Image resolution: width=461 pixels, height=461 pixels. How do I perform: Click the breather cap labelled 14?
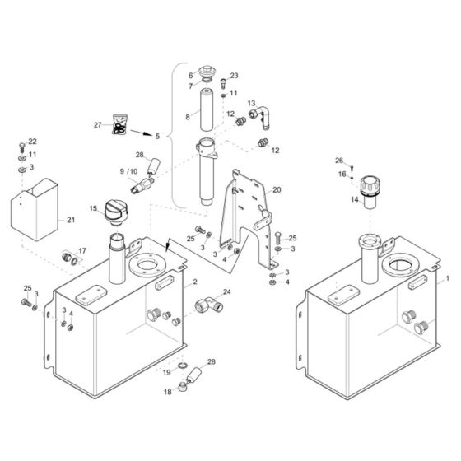pyautogui.click(x=370, y=197)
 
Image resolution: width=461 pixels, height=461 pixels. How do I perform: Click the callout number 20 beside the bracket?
pyautogui.click(x=277, y=189)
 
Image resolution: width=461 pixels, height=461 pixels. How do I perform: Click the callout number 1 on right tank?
pyautogui.click(x=447, y=279)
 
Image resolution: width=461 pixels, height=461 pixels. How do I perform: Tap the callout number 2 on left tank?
pyautogui.click(x=195, y=282)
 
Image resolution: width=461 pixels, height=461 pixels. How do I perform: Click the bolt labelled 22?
pyautogui.click(x=21, y=152)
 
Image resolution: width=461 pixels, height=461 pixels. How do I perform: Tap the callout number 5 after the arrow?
pyautogui.click(x=157, y=134)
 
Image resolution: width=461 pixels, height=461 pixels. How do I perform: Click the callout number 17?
pyautogui.click(x=81, y=251)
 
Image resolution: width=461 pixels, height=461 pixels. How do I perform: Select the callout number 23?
pyautogui.click(x=233, y=75)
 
